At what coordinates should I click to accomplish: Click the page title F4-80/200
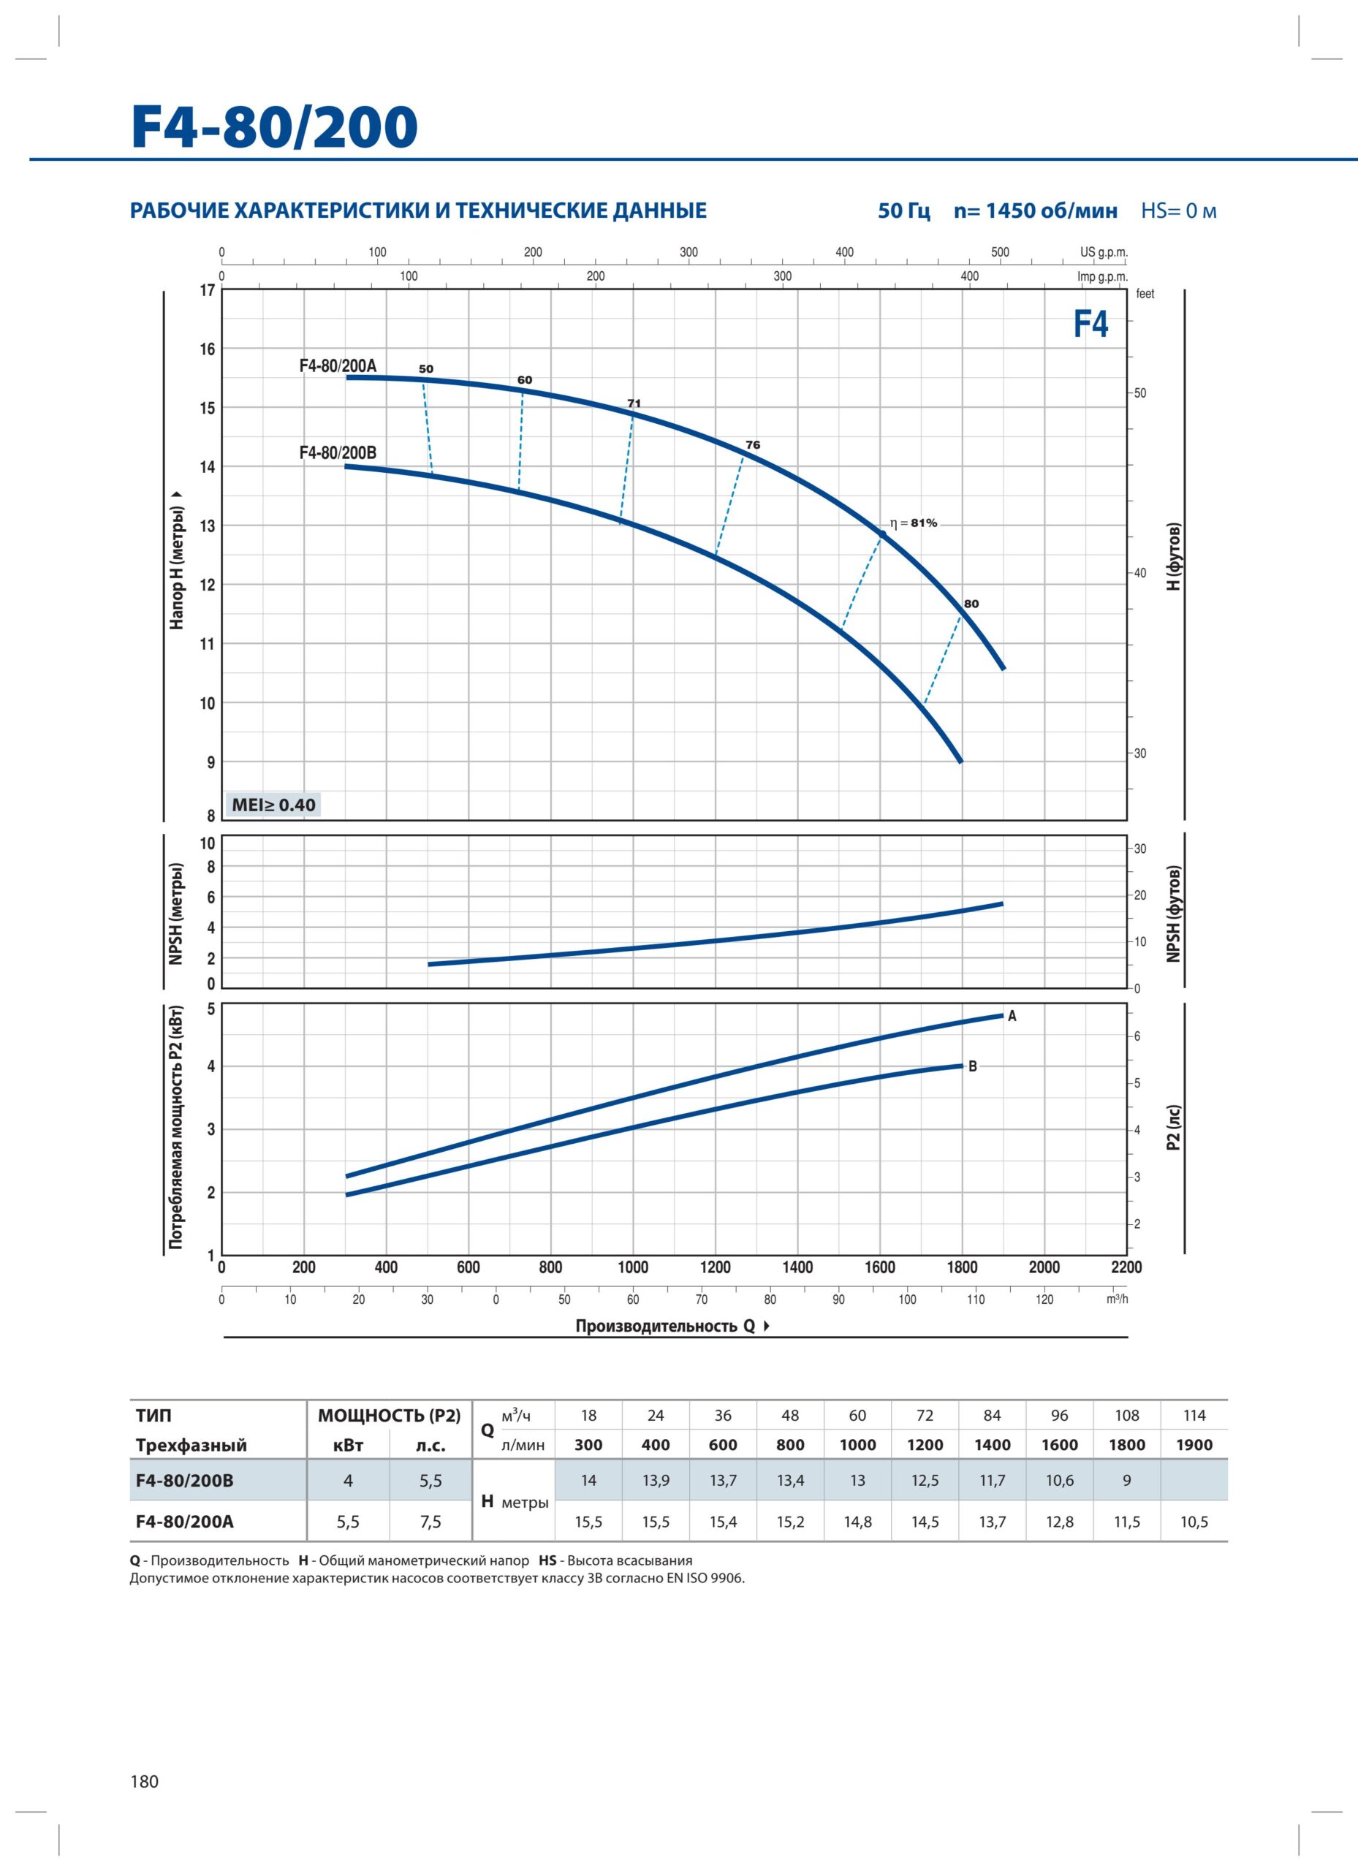click(x=275, y=127)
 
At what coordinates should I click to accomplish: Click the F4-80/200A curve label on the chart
click(x=338, y=365)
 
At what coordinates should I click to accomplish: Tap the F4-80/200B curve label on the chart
click(x=338, y=453)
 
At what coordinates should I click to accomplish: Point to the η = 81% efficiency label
click(x=914, y=523)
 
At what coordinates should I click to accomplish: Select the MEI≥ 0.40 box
click(x=273, y=805)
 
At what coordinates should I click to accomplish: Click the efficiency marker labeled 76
click(x=752, y=444)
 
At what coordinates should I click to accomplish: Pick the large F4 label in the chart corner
click(x=1090, y=325)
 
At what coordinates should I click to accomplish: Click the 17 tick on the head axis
click(x=207, y=290)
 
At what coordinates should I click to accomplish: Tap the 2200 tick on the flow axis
click(x=1126, y=1267)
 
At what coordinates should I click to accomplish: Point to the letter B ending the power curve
click(x=973, y=1066)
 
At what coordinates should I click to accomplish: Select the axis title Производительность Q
click(x=665, y=1326)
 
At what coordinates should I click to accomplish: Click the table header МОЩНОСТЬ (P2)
click(x=390, y=1416)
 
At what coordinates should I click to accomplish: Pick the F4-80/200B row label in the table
click(x=185, y=1481)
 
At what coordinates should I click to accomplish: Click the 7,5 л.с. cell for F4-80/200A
click(x=430, y=1522)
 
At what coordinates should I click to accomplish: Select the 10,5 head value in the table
click(x=1194, y=1522)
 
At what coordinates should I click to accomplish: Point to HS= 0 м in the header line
click(x=1179, y=210)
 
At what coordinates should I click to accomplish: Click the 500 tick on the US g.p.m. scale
click(x=1000, y=252)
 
